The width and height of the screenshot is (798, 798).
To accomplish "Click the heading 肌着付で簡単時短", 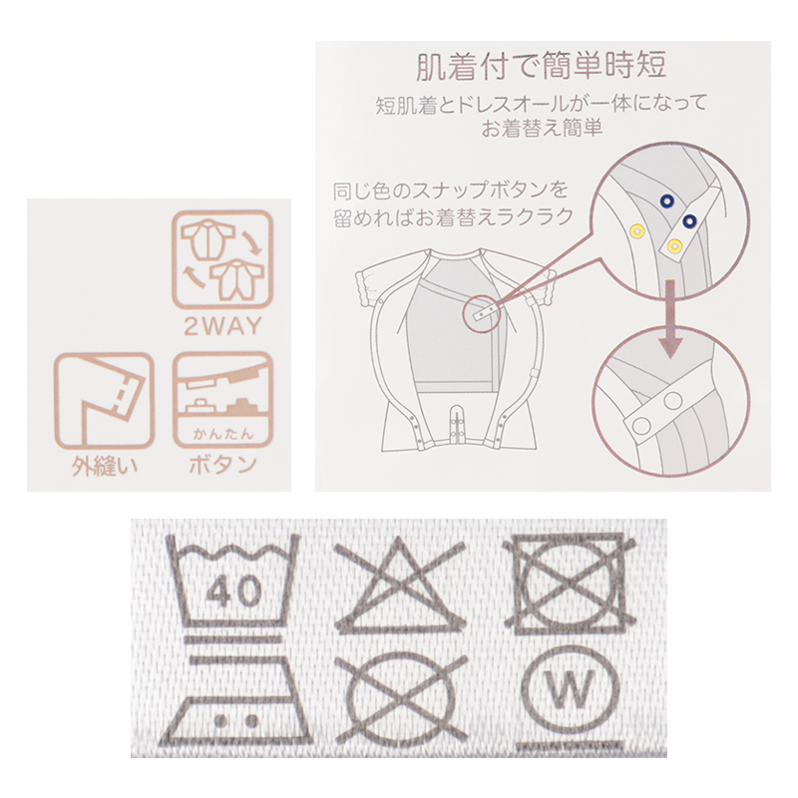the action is [541, 66].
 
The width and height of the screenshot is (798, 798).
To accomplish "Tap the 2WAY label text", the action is [222, 327].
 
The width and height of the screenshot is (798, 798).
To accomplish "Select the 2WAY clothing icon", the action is [222, 260].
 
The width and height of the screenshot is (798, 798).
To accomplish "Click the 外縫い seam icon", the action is [104, 402].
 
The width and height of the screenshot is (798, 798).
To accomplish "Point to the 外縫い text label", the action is [104, 466].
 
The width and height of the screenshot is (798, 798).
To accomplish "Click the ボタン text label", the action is [222, 466].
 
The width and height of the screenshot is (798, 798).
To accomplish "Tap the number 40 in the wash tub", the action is [235, 592].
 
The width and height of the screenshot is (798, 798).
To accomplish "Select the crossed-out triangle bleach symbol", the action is [400, 586].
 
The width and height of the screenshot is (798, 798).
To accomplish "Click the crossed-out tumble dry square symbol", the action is [570, 584].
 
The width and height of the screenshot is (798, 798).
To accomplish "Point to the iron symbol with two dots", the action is [234, 701].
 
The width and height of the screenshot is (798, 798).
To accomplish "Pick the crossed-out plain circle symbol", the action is [401, 698].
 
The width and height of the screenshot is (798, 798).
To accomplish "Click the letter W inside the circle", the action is [569, 688].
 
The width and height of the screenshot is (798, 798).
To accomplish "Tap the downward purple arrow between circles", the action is [670, 318].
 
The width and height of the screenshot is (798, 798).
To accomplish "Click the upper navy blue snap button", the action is [666, 201].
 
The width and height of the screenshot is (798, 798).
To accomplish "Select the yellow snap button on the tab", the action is [675, 246].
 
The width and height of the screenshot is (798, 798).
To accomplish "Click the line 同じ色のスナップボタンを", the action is [451, 192].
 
